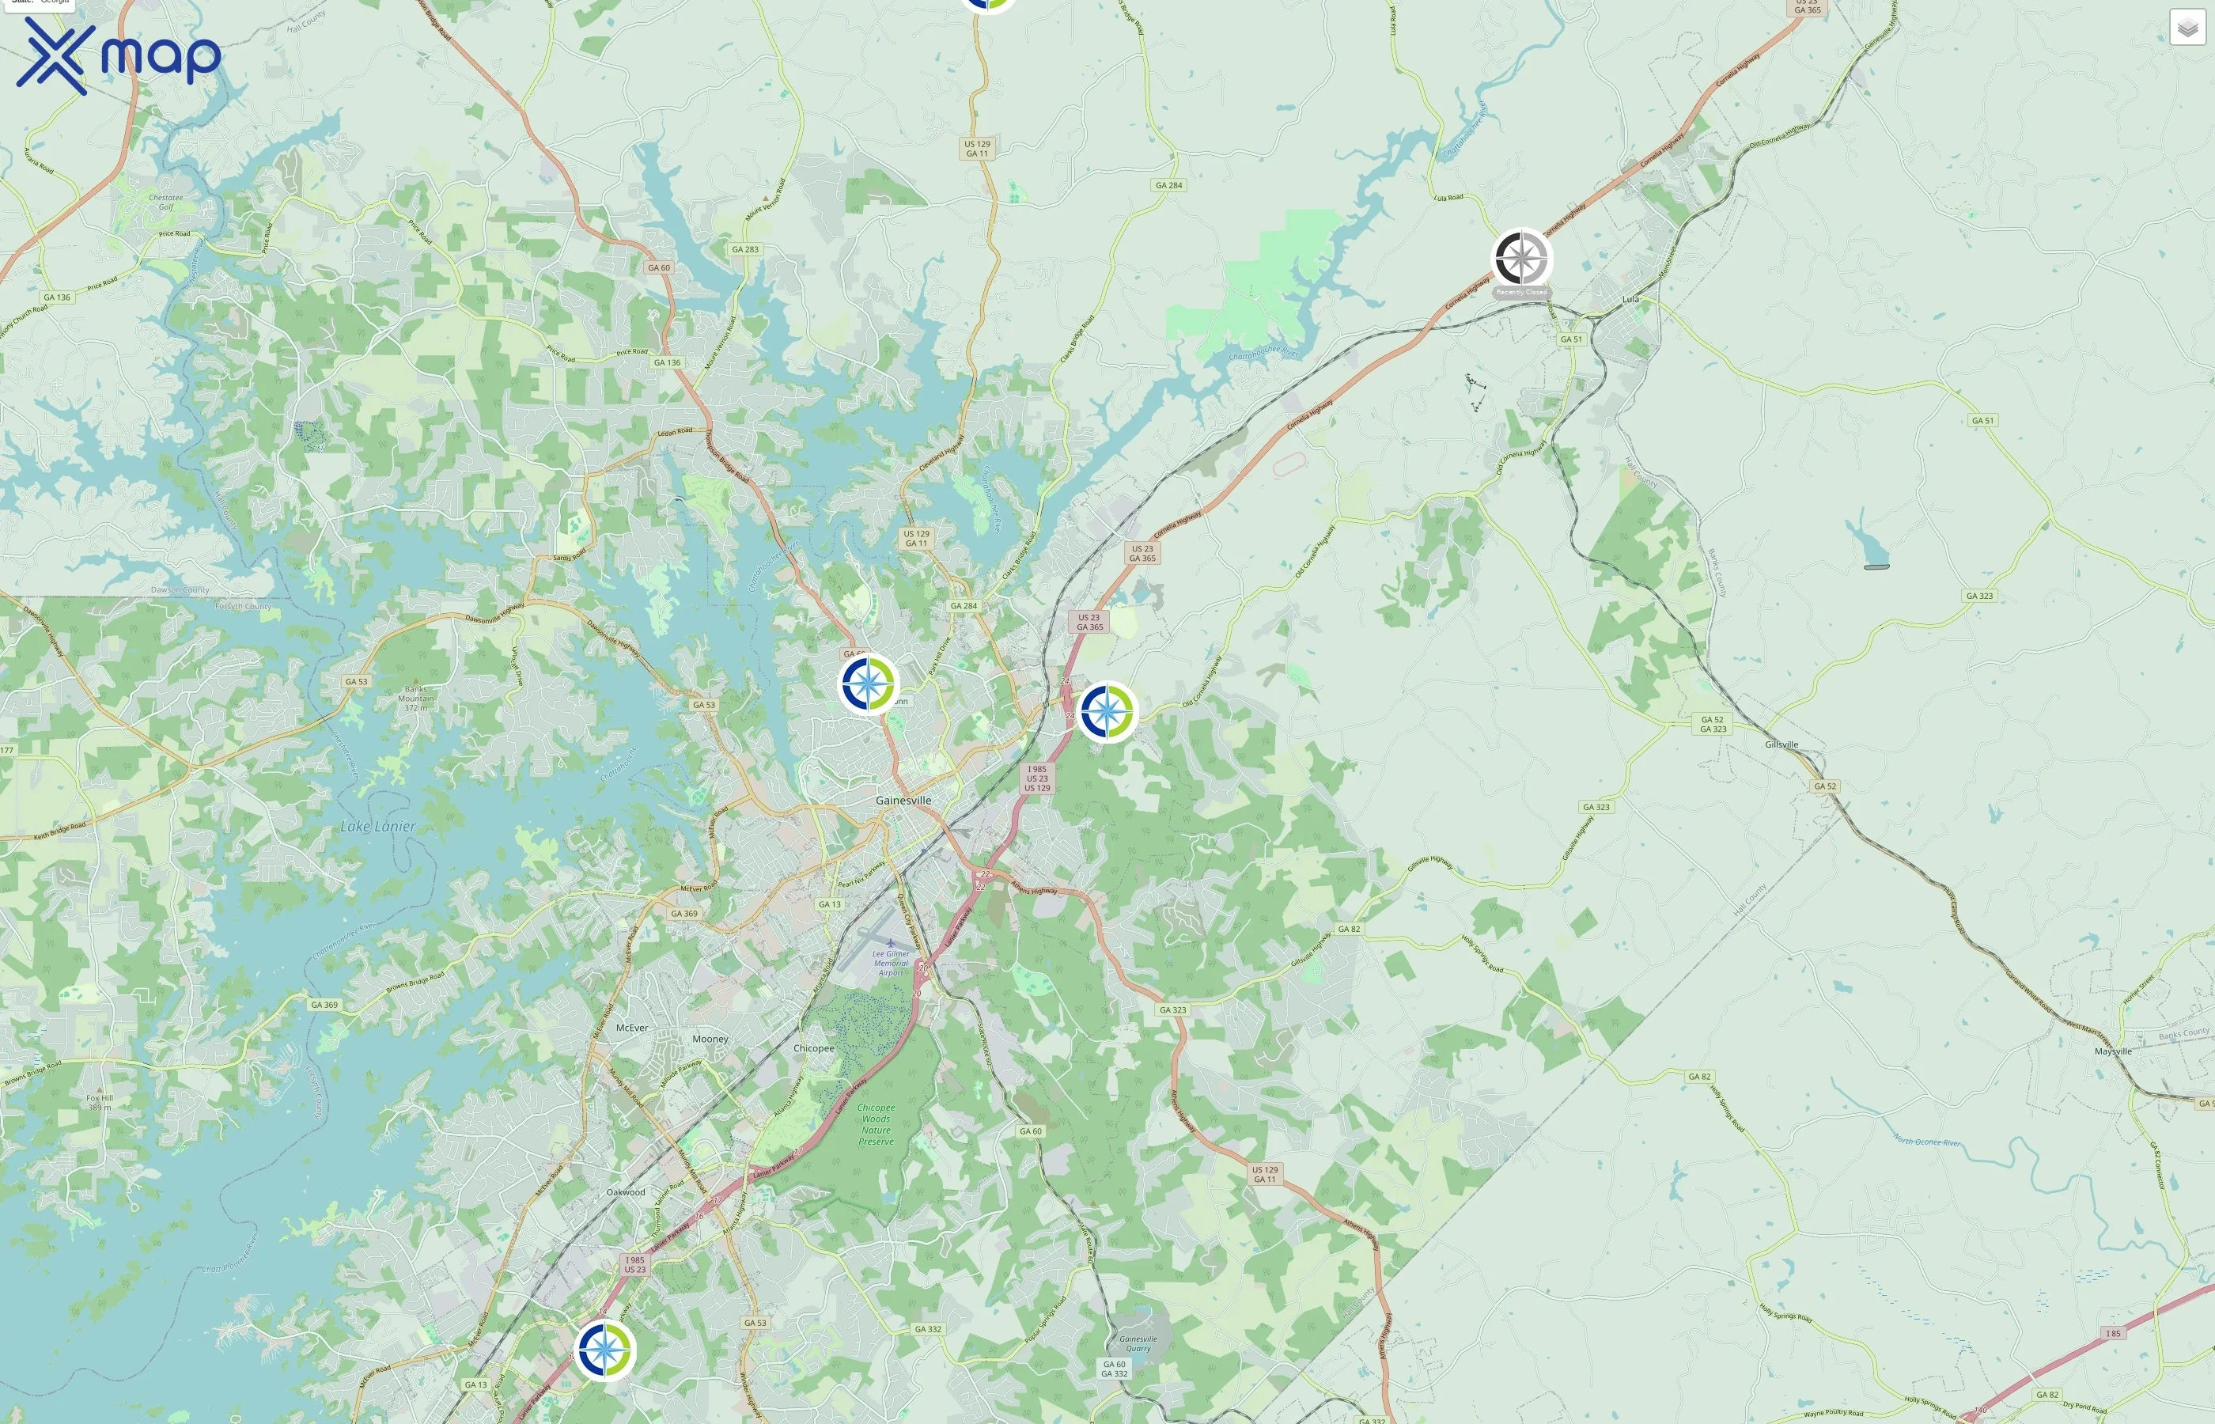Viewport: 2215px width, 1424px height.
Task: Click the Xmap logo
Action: pos(119,55)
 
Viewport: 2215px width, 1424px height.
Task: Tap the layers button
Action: pos(2187,28)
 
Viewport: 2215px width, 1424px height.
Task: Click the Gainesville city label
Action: pos(903,800)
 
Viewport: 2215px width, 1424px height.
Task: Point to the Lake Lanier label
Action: pos(377,827)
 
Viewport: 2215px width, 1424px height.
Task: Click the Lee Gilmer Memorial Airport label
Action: pos(892,963)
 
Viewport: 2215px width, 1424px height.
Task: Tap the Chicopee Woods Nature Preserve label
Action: pos(876,1124)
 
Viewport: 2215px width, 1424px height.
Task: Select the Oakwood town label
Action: pos(626,1192)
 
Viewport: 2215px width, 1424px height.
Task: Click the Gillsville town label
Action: pos(1781,744)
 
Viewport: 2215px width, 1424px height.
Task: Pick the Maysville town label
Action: pos(2112,1051)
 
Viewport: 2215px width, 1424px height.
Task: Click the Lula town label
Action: pos(1630,299)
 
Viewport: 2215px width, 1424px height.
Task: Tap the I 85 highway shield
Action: pos(2112,1333)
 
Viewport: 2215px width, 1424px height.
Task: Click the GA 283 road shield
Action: pos(745,248)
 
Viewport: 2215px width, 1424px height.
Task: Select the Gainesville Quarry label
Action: pos(1138,1343)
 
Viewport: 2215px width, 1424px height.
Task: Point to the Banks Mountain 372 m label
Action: pos(415,698)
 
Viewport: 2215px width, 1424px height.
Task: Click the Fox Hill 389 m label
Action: pos(100,1102)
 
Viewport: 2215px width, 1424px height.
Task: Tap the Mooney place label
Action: pos(710,1039)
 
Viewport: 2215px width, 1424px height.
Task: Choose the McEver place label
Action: pos(632,1028)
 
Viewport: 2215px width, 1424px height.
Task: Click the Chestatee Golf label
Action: pos(165,202)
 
